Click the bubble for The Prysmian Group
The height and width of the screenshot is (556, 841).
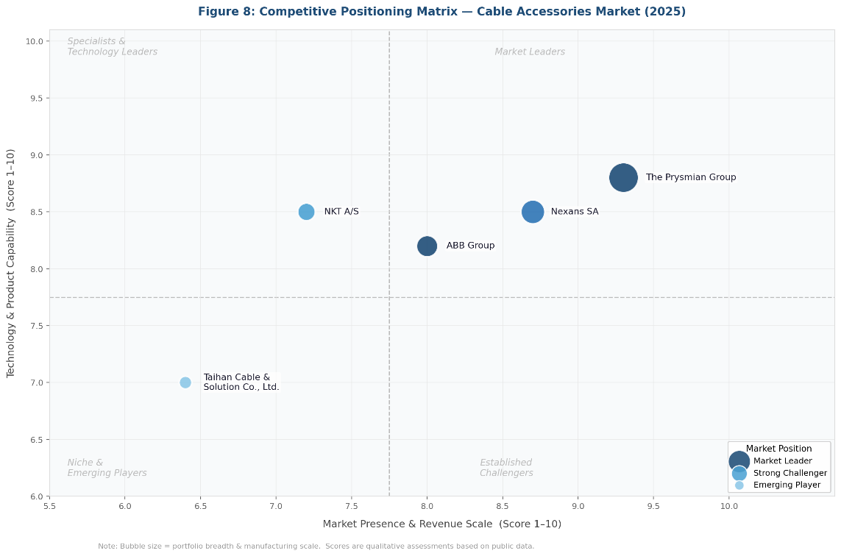point(623,177)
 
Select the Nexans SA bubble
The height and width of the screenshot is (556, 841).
point(533,212)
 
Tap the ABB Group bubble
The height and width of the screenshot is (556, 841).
point(427,246)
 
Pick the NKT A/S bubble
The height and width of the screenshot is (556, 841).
point(306,212)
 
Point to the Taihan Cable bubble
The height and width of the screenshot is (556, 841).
point(185,382)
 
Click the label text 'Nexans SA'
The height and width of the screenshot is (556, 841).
point(574,212)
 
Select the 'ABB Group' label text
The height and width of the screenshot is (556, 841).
point(470,246)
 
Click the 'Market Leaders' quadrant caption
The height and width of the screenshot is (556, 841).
point(530,52)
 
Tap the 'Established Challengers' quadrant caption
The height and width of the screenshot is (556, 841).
point(506,468)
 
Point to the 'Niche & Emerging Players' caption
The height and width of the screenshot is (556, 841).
point(107,468)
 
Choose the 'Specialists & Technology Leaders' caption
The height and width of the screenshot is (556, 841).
point(112,47)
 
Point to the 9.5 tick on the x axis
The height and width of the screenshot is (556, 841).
point(653,507)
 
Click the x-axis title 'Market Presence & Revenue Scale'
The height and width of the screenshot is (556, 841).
point(441,524)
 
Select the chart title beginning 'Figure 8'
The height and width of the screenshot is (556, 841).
point(441,12)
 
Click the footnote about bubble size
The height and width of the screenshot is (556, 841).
point(316,546)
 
